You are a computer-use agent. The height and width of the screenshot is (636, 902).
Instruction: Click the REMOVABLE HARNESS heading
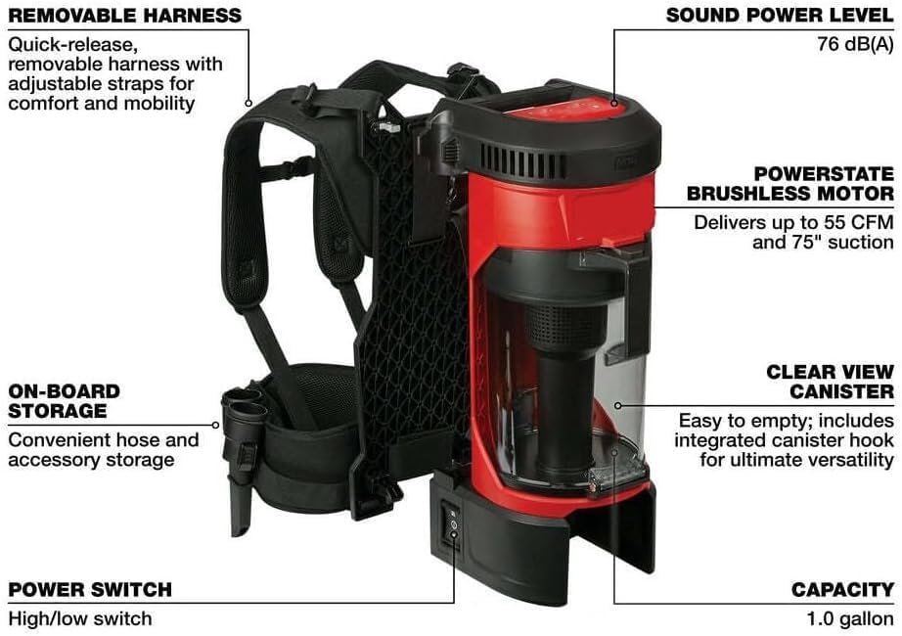(124, 16)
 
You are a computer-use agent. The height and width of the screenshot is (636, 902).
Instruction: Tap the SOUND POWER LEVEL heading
(780, 16)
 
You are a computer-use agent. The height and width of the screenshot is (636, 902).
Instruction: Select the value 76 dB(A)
(854, 45)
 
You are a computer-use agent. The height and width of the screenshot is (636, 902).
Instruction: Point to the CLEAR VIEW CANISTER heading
(830, 382)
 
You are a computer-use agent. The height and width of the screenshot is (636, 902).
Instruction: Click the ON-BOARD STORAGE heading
(65, 400)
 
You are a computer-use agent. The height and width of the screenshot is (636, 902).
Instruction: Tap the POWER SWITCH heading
(90, 589)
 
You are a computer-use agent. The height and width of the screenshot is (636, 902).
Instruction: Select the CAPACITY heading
(842, 589)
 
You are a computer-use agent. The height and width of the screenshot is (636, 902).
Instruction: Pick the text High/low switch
(80, 618)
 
